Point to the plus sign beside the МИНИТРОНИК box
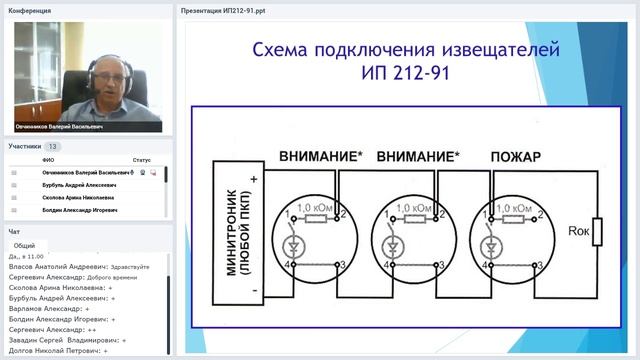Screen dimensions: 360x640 tap(255, 181)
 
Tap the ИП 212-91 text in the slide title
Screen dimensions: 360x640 tap(405, 73)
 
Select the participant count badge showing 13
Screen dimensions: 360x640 tap(53, 146)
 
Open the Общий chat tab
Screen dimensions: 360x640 tap(24, 245)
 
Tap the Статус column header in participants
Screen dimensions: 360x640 tap(141, 160)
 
